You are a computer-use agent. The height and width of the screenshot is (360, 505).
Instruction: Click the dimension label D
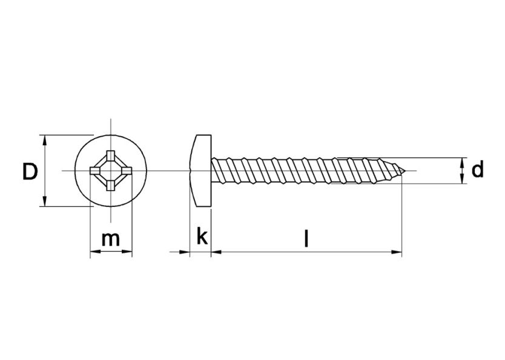point(30,171)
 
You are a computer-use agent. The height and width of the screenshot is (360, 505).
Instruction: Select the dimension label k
point(202,237)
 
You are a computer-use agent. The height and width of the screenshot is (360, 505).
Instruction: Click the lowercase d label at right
point(478,170)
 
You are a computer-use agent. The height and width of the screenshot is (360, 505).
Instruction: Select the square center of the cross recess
point(111,171)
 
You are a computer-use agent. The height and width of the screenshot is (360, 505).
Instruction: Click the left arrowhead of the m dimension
point(94,252)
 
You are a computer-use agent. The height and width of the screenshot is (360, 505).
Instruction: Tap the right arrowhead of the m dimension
point(128,252)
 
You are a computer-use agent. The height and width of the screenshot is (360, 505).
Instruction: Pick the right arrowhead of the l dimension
point(398,252)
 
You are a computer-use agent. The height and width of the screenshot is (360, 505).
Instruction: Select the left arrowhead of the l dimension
point(216,252)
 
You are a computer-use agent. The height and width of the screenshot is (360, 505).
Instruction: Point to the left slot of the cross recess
point(94,171)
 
